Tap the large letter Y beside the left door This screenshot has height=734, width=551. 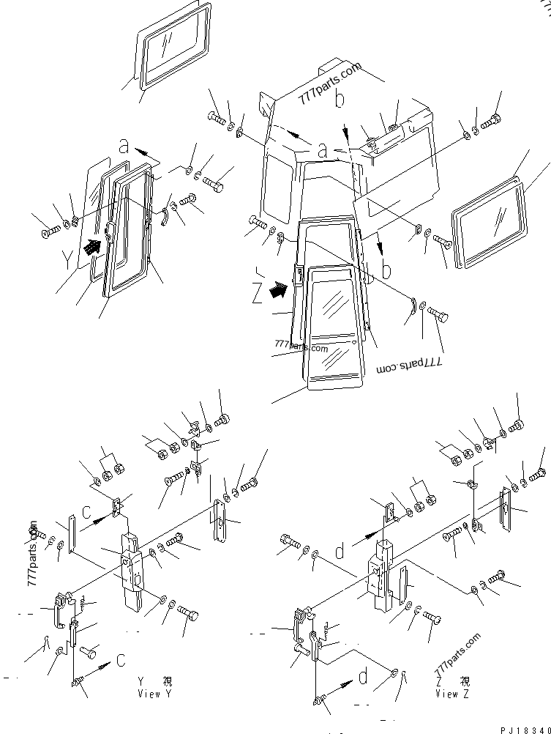(69, 259)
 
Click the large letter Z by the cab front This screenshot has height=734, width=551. (257, 294)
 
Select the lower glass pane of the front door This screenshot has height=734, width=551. (334, 358)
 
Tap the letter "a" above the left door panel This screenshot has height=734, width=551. (124, 146)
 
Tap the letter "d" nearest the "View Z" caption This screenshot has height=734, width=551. (364, 677)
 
